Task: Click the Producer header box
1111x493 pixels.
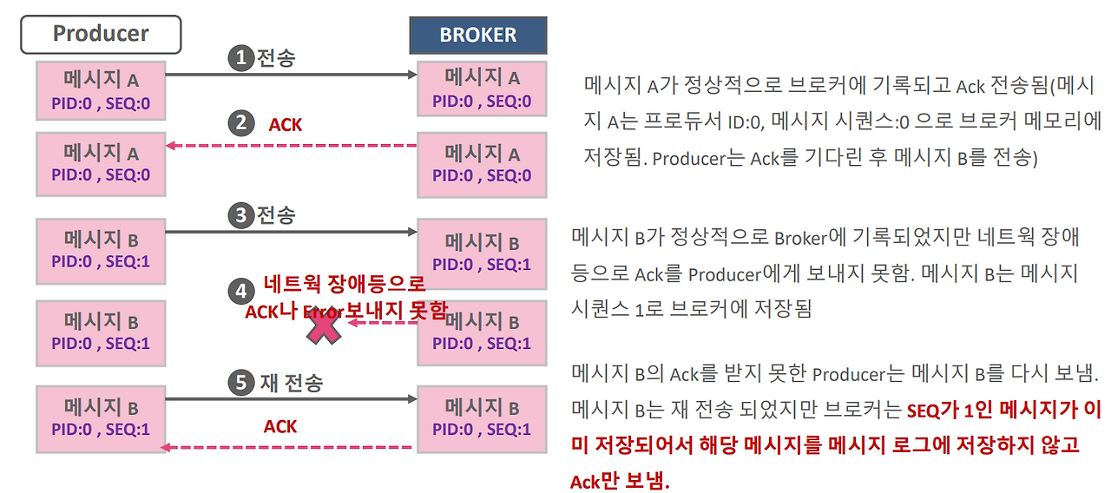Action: click(x=100, y=35)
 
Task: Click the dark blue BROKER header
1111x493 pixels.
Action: click(x=478, y=36)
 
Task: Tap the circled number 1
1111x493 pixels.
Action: click(x=240, y=58)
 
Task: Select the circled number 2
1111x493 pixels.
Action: click(x=240, y=123)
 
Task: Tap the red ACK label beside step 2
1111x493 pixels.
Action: click(x=286, y=125)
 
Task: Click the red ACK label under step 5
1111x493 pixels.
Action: click(x=280, y=426)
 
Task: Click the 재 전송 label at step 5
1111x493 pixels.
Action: click(x=292, y=382)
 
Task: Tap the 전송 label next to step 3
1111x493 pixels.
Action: click(x=276, y=214)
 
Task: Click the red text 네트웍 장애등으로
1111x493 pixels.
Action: click(x=344, y=284)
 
